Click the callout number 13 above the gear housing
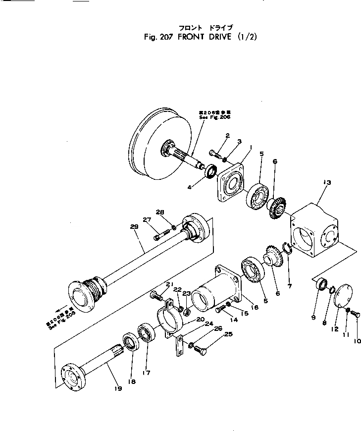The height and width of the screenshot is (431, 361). coord(326,183)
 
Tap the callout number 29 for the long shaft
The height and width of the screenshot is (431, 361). coord(133,227)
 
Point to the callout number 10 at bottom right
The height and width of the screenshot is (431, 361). coord(357,341)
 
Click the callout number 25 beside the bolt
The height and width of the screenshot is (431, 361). coord(228,335)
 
